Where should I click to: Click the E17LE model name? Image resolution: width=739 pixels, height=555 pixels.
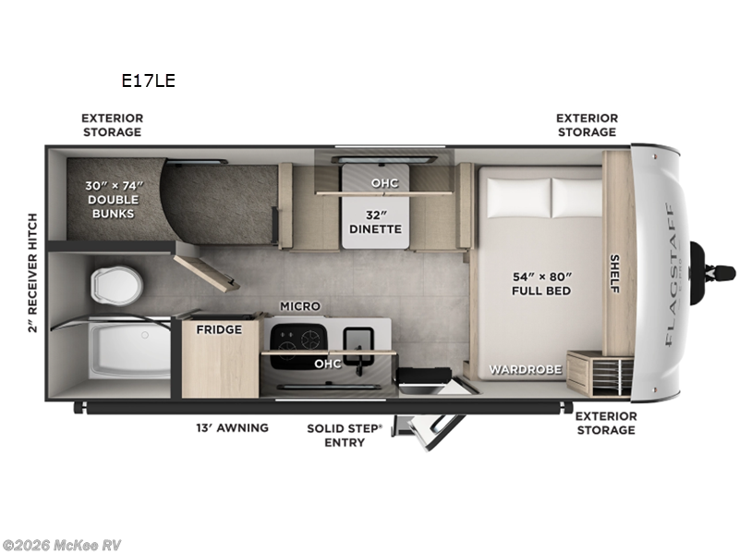point(148,80)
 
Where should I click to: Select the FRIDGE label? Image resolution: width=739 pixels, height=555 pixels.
point(219,329)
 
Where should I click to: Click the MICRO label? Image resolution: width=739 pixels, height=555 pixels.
point(300,306)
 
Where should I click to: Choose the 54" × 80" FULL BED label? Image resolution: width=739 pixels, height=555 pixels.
point(541,284)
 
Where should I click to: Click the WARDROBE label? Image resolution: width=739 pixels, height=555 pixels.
point(525,370)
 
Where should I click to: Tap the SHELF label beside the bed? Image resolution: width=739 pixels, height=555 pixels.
point(613,274)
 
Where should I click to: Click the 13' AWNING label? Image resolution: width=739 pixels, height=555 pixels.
point(232,427)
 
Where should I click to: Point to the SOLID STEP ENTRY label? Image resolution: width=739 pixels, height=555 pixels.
point(336,435)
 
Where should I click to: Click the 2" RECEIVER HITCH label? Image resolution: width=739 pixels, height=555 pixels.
point(33,273)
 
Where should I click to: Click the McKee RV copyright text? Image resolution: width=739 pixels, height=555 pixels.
point(62,545)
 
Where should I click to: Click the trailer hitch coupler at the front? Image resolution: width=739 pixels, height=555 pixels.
point(717,273)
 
